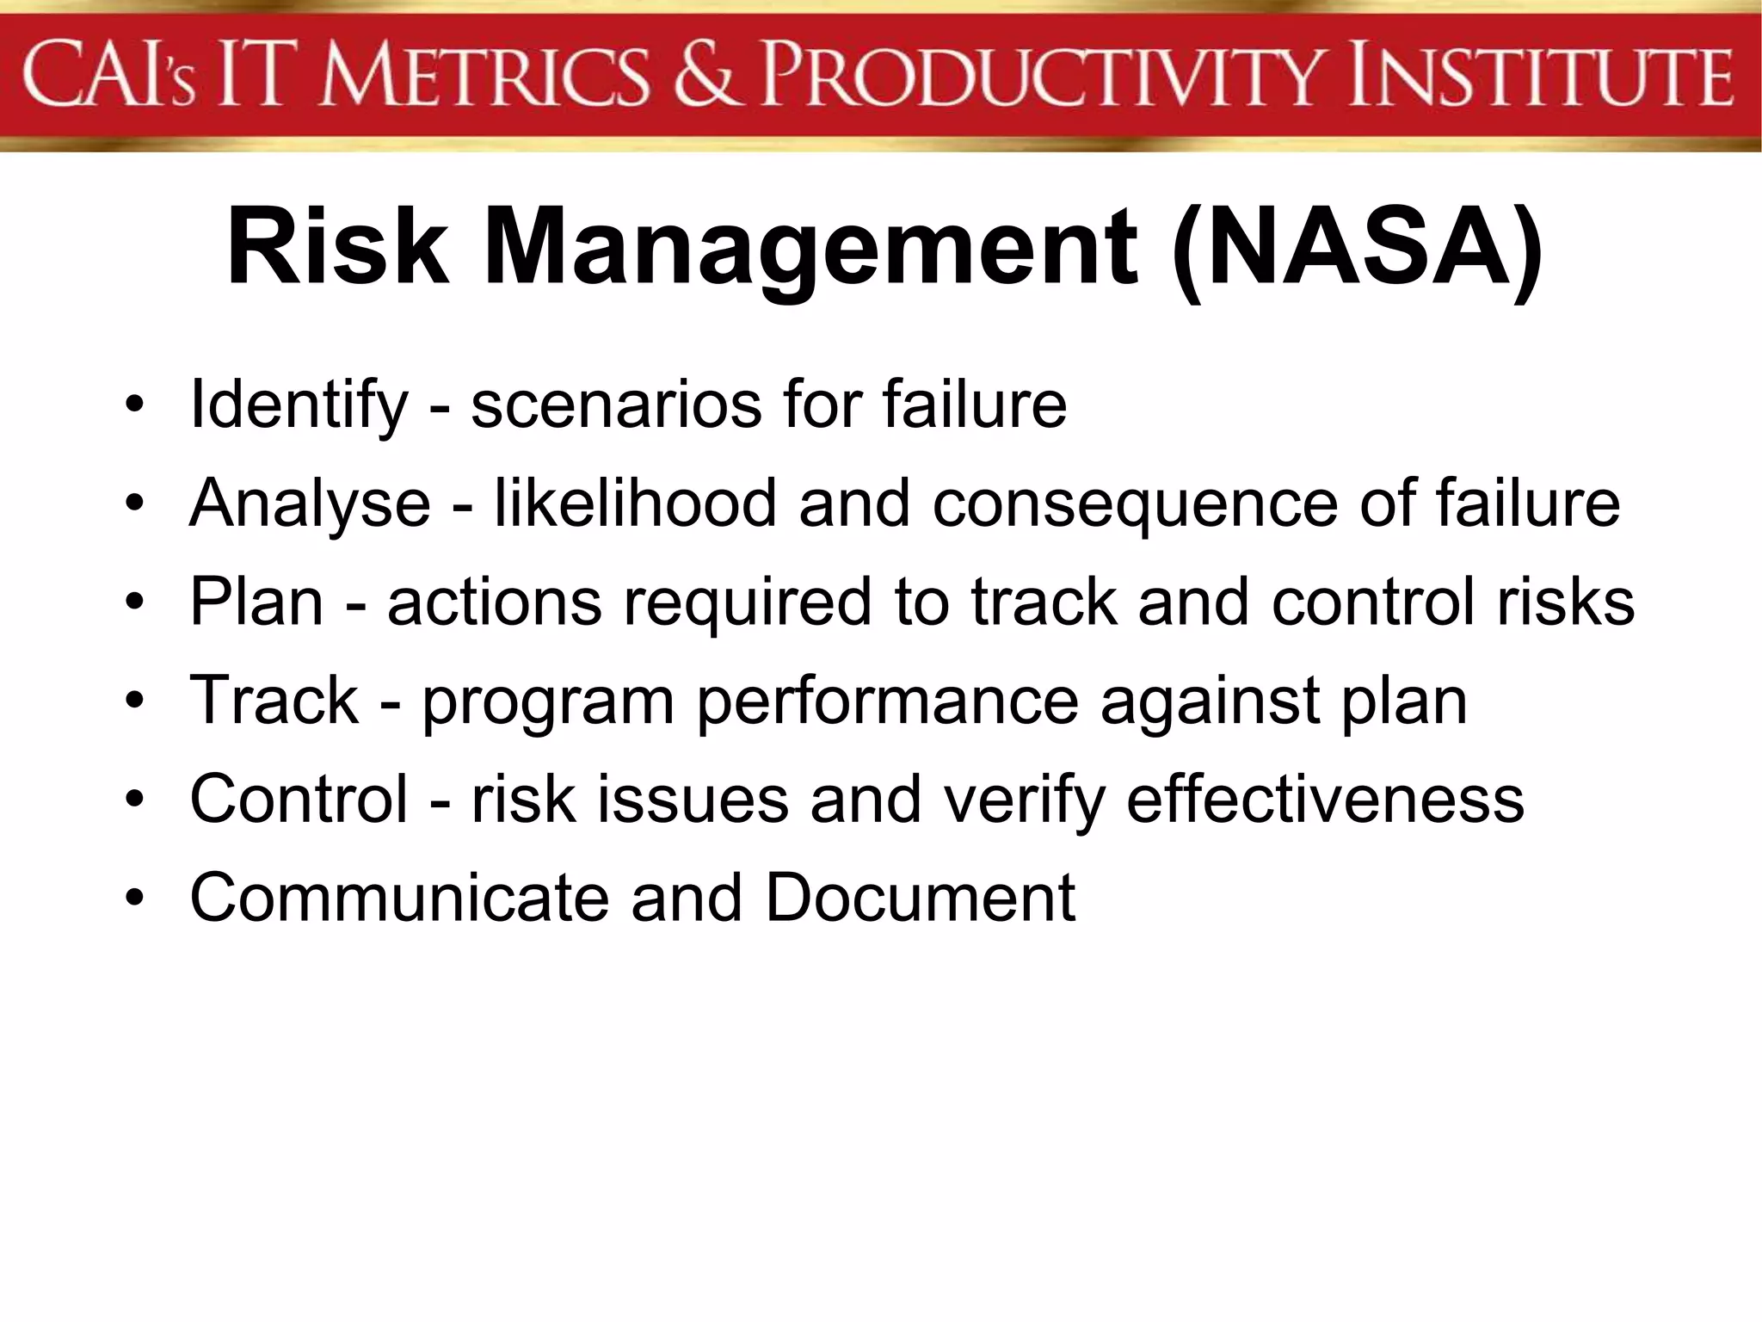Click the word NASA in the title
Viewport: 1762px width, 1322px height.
1358,248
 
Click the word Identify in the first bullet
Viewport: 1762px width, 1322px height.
298,405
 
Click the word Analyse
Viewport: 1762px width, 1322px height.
310,503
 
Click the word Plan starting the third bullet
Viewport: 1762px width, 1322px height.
256,602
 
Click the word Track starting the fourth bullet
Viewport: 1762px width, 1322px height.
274,701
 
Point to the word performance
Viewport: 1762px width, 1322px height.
887,702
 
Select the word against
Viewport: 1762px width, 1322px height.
1209,702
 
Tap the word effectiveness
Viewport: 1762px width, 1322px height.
1325,799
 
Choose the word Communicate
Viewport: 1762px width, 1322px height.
399,898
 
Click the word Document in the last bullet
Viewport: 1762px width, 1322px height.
920,898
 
